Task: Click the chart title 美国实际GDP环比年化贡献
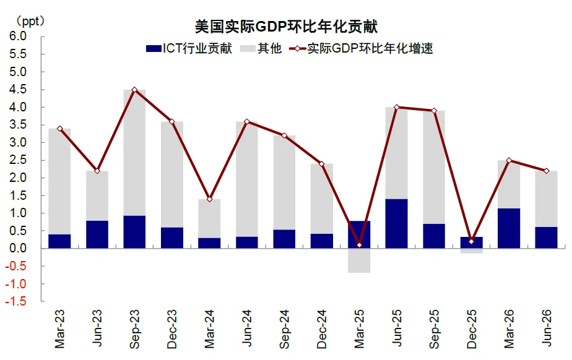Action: (x=286, y=26)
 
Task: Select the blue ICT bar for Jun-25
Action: (x=397, y=223)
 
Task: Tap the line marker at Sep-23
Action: (x=134, y=90)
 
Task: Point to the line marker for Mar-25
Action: (x=359, y=245)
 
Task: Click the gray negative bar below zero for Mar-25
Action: (x=359, y=260)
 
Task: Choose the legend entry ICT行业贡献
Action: (x=189, y=48)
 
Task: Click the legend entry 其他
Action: (x=261, y=48)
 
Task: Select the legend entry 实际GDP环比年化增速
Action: (x=361, y=48)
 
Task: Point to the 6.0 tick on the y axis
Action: (x=18, y=36)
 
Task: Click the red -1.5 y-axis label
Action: (x=15, y=301)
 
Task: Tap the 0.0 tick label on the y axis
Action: (x=18, y=248)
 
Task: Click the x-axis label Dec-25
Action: (x=472, y=329)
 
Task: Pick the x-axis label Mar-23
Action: (x=60, y=328)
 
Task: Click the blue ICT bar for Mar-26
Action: (x=509, y=228)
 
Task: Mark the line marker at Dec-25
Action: (x=471, y=241)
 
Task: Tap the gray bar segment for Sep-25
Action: (x=434, y=167)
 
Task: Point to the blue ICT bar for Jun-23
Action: (x=97, y=234)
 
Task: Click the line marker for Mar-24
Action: (x=209, y=199)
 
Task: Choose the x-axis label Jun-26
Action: (x=547, y=328)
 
